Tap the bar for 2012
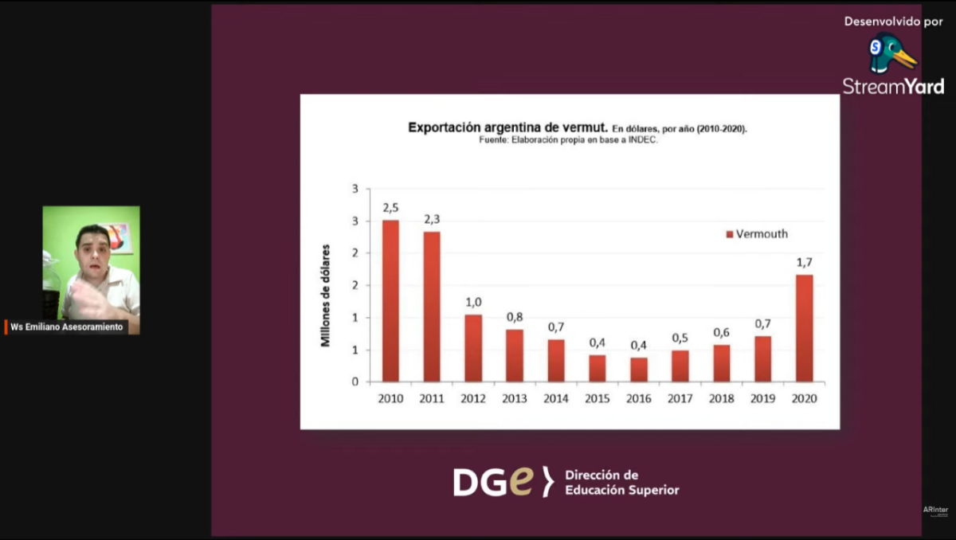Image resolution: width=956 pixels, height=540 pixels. coord(473,348)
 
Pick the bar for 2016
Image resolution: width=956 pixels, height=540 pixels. coord(639,370)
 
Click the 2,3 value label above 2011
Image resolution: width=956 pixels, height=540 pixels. coord(432,218)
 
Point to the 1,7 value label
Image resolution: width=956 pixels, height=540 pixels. coord(804,262)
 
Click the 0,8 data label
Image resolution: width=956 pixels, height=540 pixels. coord(515,317)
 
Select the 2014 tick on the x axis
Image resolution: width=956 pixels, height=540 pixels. coord(556,398)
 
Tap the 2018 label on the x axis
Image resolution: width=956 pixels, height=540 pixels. coord(722,398)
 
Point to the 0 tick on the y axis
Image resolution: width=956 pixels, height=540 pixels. coord(355,382)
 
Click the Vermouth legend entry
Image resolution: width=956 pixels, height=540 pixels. coord(756,234)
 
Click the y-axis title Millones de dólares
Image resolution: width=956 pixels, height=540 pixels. coord(325,295)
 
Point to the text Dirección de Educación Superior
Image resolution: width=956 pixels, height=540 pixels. coord(621,483)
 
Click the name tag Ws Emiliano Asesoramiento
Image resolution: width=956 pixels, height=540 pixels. coord(67,327)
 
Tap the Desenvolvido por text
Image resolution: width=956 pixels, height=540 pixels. coord(893,22)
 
